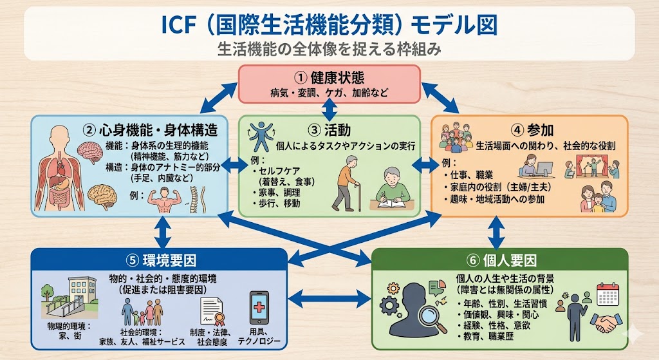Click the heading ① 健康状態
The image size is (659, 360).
tap(329, 78)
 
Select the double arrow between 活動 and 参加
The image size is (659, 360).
tap(424, 165)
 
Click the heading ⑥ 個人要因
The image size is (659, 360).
tap(501, 260)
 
